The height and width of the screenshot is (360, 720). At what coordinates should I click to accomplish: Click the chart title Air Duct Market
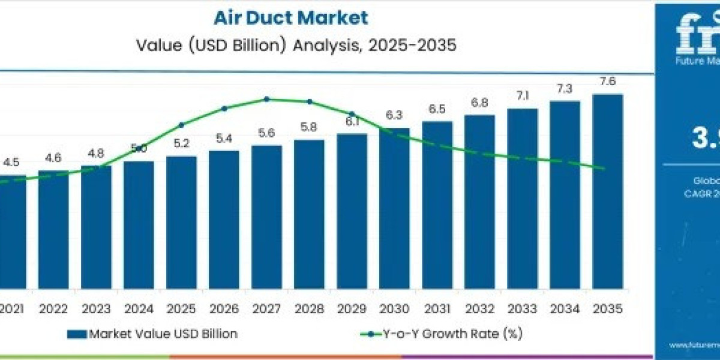(291, 17)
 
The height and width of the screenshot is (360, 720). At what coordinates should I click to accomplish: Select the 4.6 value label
(53, 158)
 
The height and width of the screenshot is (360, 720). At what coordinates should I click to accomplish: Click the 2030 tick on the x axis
(394, 309)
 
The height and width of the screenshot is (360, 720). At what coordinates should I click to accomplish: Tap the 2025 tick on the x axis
(181, 309)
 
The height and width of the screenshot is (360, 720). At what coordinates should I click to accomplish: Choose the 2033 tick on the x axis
(522, 309)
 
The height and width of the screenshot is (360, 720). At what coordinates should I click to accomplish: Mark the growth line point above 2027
(267, 99)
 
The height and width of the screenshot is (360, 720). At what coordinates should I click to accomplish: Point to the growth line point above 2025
(181, 125)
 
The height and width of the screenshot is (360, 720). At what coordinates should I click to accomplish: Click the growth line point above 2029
(352, 113)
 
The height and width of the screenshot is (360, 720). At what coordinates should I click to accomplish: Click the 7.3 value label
(565, 89)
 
